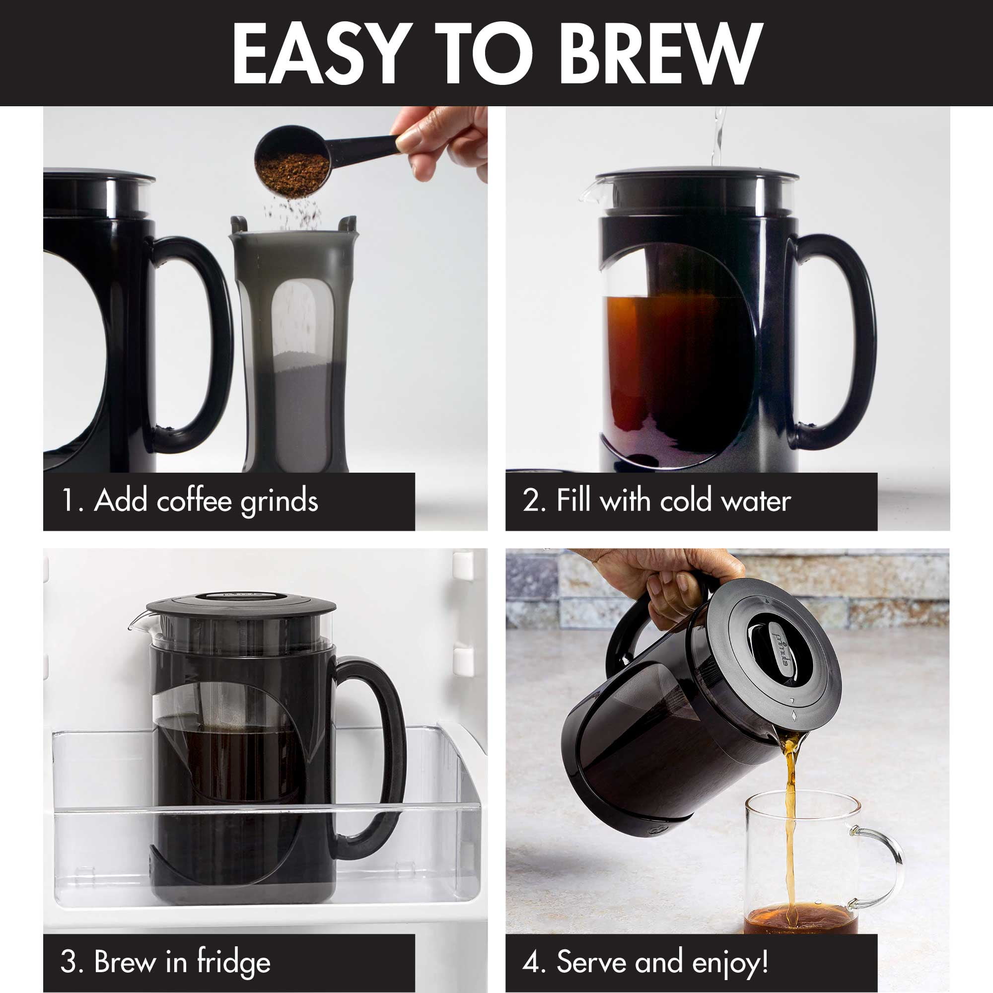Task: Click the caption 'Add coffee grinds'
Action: [206, 501]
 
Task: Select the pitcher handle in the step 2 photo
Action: [843, 345]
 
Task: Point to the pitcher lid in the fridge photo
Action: [242, 607]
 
